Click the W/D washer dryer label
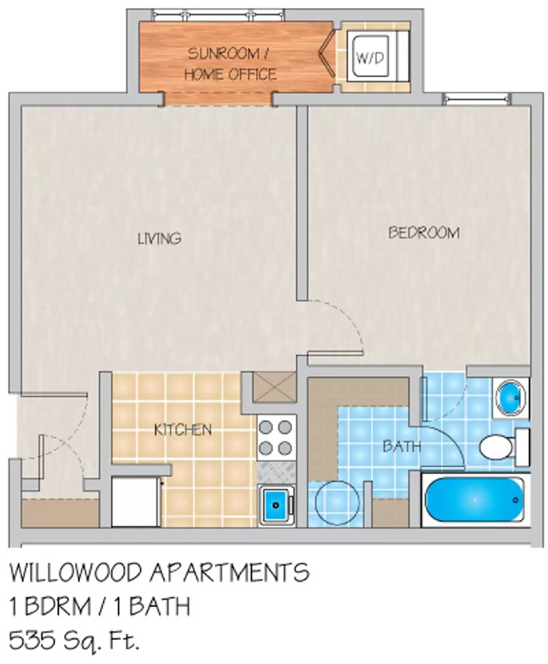[370, 58]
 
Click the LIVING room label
[159, 239]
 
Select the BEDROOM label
[424, 233]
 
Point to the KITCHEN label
[183, 430]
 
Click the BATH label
[401, 447]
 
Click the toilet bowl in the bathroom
[494, 447]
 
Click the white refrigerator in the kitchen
[136, 502]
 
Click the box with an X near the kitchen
[274, 387]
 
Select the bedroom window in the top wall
[476, 99]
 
